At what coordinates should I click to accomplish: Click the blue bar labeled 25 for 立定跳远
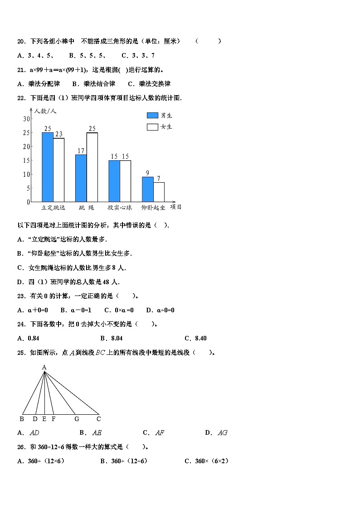(48, 167)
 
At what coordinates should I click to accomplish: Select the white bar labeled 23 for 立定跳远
(59, 170)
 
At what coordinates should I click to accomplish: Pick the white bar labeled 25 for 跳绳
(92, 167)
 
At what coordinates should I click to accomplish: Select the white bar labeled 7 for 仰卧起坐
(159, 192)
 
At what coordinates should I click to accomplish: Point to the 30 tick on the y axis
(26, 119)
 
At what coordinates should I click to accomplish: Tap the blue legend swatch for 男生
(152, 116)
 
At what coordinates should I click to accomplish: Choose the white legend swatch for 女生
(152, 127)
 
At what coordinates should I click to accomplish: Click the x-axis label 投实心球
(120, 208)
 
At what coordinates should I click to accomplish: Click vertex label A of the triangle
(44, 367)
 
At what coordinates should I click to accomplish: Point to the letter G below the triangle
(77, 419)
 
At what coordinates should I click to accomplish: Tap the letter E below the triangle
(44, 419)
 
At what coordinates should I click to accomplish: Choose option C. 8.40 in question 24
(196, 339)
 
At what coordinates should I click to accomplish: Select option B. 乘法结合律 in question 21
(93, 84)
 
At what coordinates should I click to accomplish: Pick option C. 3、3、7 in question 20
(138, 56)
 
